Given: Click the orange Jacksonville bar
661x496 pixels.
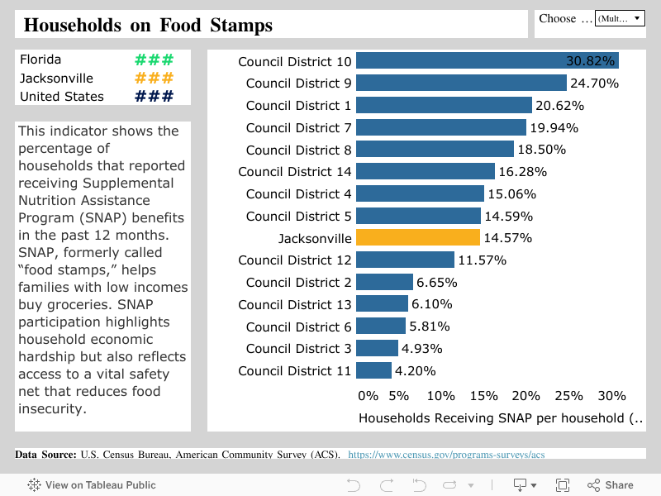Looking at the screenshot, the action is click(x=418, y=238).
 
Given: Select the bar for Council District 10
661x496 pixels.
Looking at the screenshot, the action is click(x=487, y=61).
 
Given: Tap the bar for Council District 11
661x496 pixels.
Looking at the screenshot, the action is click(x=373, y=370).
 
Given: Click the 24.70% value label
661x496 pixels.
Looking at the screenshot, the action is click(x=594, y=83).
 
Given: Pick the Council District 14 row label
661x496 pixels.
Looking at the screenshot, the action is click(x=295, y=172).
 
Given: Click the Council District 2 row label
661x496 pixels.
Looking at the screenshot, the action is click(x=298, y=283).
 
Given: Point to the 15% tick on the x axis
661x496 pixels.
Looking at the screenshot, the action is click(x=483, y=396).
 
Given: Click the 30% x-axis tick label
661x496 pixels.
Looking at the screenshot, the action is click(x=611, y=396).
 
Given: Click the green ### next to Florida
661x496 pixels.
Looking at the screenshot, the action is click(x=154, y=60).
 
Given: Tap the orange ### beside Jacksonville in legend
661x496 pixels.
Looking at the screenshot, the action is click(x=154, y=79).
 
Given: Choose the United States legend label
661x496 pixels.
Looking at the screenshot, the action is click(x=62, y=97).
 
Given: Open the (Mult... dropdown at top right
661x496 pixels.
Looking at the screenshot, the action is click(x=620, y=18).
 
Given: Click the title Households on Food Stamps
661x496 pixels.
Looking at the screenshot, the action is click(x=149, y=26).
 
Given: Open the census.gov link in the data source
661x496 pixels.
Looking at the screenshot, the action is click(x=446, y=455).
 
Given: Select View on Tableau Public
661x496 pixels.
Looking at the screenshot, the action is click(x=92, y=485).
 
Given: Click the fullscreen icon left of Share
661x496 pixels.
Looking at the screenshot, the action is click(x=563, y=485).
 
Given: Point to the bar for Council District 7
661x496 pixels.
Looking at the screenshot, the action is click(x=441, y=127).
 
